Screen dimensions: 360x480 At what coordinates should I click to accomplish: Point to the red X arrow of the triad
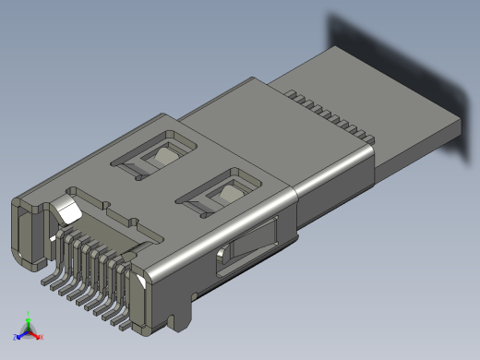[40, 336]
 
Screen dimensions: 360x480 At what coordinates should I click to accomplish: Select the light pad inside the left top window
[164, 156]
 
